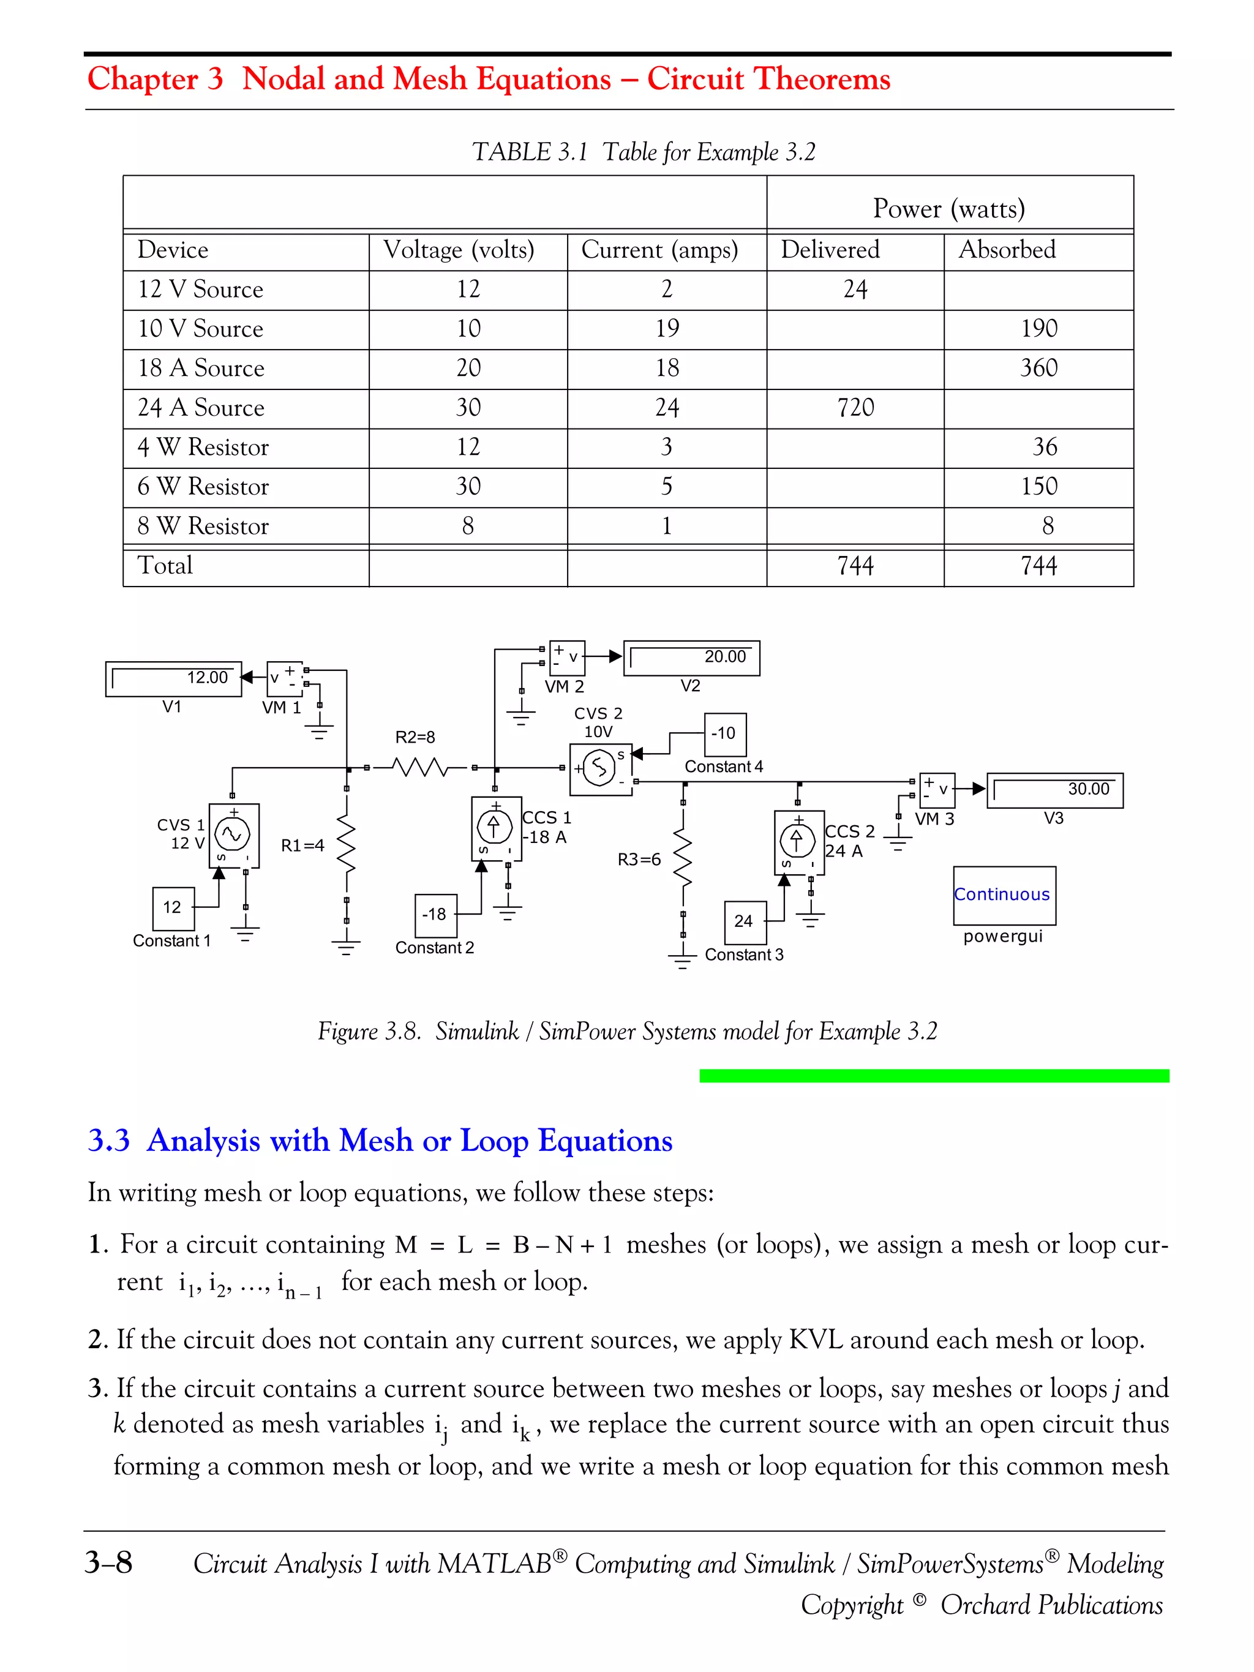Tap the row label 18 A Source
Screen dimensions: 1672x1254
click(x=201, y=368)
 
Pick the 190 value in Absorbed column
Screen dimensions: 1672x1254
click(x=1038, y=329)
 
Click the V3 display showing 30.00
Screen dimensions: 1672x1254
click(x=1054, y=790)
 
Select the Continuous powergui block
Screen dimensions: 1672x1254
click(x=1004, y=895)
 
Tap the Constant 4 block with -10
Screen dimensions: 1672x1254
click(x=724, y=734)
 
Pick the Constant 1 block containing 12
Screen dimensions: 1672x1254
click(x=173, y=908)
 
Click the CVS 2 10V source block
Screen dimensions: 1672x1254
click(x=600, y=769)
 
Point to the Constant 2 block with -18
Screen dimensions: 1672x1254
click(x=435, y=915)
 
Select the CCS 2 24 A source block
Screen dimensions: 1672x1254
click(x=798, y=842)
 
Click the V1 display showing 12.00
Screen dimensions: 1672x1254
click(x=173, y=679)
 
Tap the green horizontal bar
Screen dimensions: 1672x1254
click(x=934, y=1076)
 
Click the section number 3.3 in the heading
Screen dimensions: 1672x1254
click(x=109, y=1141)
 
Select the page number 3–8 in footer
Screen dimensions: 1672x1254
click(x=109, y=1562)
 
